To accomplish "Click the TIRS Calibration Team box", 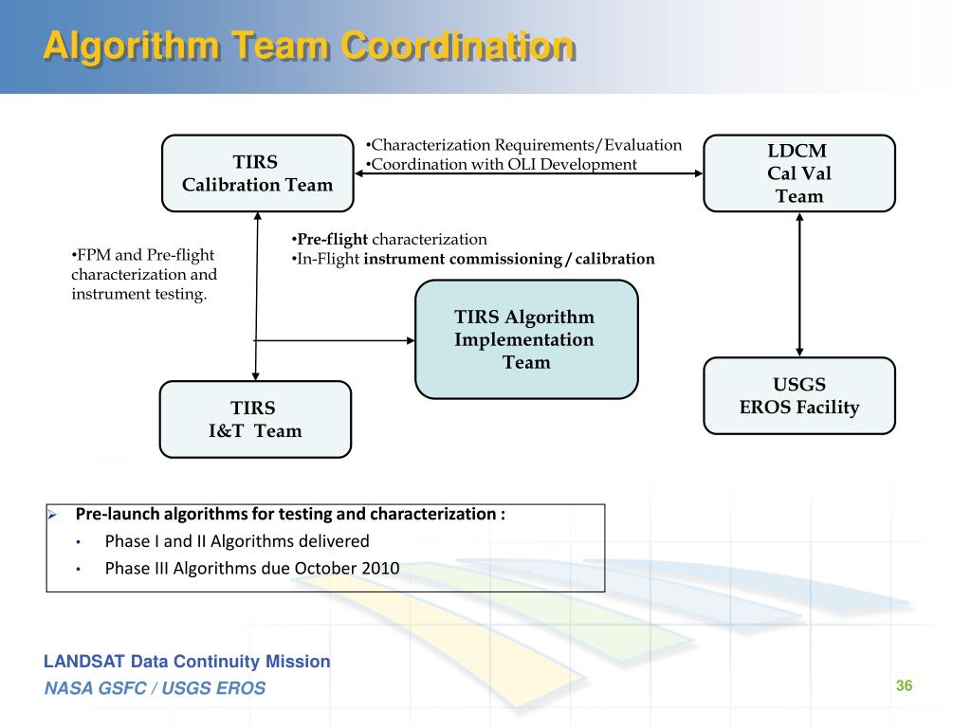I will [257, 173].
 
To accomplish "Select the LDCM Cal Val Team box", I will [798, 173].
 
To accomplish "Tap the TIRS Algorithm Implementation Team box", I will [526, 338].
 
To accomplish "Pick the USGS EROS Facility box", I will [798, 395].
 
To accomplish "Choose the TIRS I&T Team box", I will [254, 419].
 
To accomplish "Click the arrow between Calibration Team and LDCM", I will [528, 173].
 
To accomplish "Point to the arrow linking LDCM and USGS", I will [799, 284].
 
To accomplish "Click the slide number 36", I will [904, 686].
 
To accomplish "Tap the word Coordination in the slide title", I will [458, 45].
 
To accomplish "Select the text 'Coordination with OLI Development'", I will [504, 164].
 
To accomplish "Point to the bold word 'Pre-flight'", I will [332, 239].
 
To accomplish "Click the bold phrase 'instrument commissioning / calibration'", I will [509, 258].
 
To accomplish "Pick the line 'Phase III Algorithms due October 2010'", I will [252, 569].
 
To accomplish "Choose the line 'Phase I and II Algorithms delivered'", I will [237, 541].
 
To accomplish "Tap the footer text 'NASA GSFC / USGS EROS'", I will [155, 688].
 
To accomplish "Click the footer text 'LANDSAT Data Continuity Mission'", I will [187, 662].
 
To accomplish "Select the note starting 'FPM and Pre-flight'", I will [143, 275].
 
